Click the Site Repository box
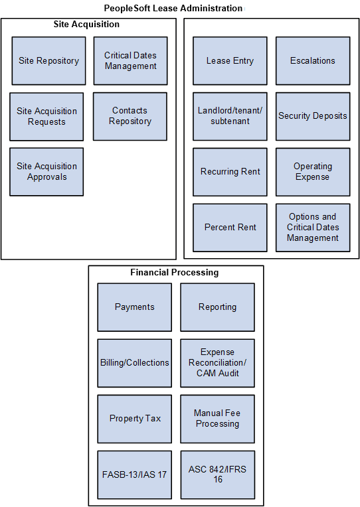coord(48,61)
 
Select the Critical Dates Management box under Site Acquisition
coord(130,61)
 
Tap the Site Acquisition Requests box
coord(46,117)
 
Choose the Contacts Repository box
coord(130,116)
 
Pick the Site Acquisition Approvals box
coord(46,172)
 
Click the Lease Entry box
coord(230,61)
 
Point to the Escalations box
coord(313,61)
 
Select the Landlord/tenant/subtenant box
coord(230,116)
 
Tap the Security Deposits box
coord(313,116)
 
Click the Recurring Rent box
coord(230,172)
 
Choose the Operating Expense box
coord(313,172)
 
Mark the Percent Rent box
coord(230,228)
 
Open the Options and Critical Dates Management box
coord(313,228)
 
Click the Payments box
coord(134,307)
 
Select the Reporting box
coord(217,307)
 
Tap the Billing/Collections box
coord(134,363)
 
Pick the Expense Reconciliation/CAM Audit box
coord(217,363)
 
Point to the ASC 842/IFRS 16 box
coord(217,474)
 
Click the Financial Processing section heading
coord(175,273)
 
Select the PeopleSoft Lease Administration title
coord(173,9)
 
